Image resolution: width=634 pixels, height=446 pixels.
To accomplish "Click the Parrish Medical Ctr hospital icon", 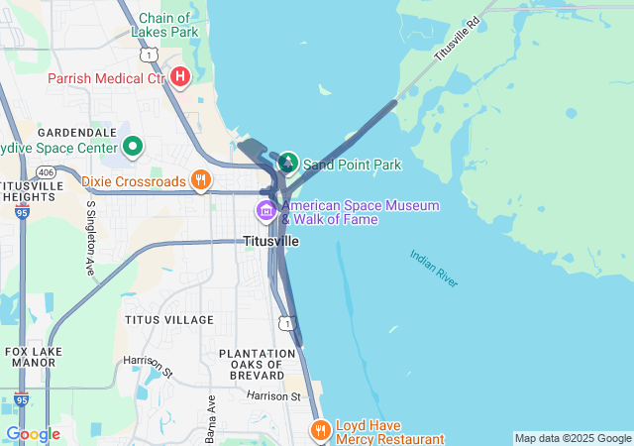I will [x=179, y=76].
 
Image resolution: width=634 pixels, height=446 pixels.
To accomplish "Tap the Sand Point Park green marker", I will [x=288, y=162].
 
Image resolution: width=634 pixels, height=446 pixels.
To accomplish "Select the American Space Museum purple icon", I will [x=265, y=210].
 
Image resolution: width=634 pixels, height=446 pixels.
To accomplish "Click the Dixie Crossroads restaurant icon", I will [x=201, y=180].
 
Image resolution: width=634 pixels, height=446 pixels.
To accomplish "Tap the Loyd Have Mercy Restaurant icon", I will [x=320, y=430].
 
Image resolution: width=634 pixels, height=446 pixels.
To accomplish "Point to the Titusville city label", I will [x=270, y=241].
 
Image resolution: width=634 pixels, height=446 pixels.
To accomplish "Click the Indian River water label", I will [x=434, y=269].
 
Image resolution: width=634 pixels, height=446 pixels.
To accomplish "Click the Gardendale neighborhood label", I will [x=77, y=132].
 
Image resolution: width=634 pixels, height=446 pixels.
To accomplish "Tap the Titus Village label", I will [x=168, y=320].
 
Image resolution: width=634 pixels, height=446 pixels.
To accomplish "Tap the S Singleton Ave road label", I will [x=90, y=237].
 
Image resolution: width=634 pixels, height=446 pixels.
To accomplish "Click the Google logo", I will [x=33, y=434].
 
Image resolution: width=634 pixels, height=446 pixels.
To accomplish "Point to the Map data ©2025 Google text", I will [x=572, y=438].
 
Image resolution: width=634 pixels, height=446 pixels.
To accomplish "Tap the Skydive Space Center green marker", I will [x=132, y=148].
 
